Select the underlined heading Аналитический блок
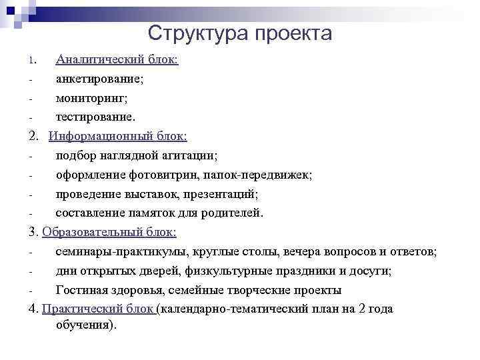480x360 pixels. [x=117, y=60]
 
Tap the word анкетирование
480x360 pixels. [x=99, y=79]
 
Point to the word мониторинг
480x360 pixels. [x=91, y=98]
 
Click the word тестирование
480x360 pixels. [x=95, y=117]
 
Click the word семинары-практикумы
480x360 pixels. [x=124, y=252]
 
